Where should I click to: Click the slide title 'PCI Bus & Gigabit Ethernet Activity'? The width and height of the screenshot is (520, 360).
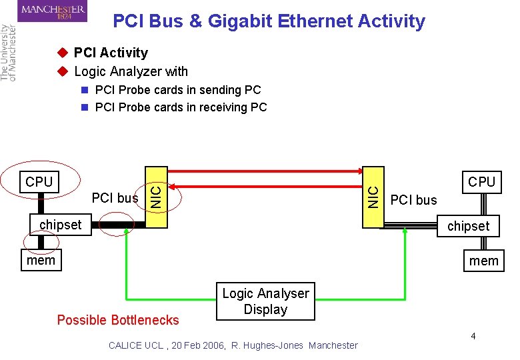point(269,21)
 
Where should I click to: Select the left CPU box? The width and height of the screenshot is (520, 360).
point(39,181)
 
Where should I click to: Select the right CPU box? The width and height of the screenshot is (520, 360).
point(481,181)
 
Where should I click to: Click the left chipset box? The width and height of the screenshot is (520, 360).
point(60,225)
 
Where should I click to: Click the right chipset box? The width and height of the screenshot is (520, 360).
point(468,226)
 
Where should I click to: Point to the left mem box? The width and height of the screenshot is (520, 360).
point(41,259)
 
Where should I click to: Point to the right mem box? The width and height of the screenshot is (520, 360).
point(483,261)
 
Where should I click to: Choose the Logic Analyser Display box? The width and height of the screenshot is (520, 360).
point(265,301)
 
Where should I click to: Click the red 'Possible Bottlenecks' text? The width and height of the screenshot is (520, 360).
point(118,320)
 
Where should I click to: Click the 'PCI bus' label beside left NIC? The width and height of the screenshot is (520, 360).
point(115,198)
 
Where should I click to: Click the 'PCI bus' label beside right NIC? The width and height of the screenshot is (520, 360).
point(413,199)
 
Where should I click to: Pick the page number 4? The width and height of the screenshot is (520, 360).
point(473,336)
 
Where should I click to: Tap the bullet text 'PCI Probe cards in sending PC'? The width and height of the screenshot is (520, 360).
point(178,89)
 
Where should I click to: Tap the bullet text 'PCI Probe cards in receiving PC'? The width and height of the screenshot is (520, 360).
point(181,107)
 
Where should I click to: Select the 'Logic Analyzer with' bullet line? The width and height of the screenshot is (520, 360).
point(131,71)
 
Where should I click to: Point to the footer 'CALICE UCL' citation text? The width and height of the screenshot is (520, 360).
point(233,345)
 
